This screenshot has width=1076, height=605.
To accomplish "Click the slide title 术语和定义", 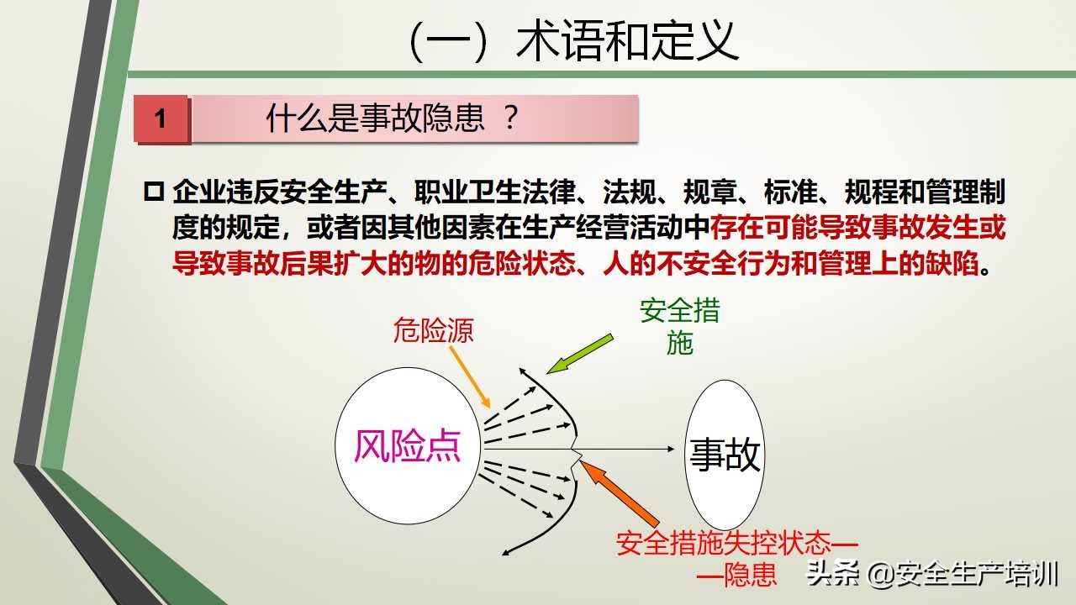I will (x=572, y=40).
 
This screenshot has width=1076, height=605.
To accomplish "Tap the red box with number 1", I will (x=161, y=118).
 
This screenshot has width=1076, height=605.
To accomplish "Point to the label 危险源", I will (x=433, y=330).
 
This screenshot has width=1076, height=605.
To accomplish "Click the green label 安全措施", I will (x=679, y=326).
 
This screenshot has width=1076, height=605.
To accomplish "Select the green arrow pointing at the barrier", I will (x=579, y=354).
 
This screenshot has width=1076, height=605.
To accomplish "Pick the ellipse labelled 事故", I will (x=725, y=454).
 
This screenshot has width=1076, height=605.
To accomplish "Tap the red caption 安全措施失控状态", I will (x=723, y=543).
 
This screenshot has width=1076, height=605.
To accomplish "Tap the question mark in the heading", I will (x=509, y=119).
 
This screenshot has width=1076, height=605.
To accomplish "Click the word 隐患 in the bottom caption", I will (x=750, y=576).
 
